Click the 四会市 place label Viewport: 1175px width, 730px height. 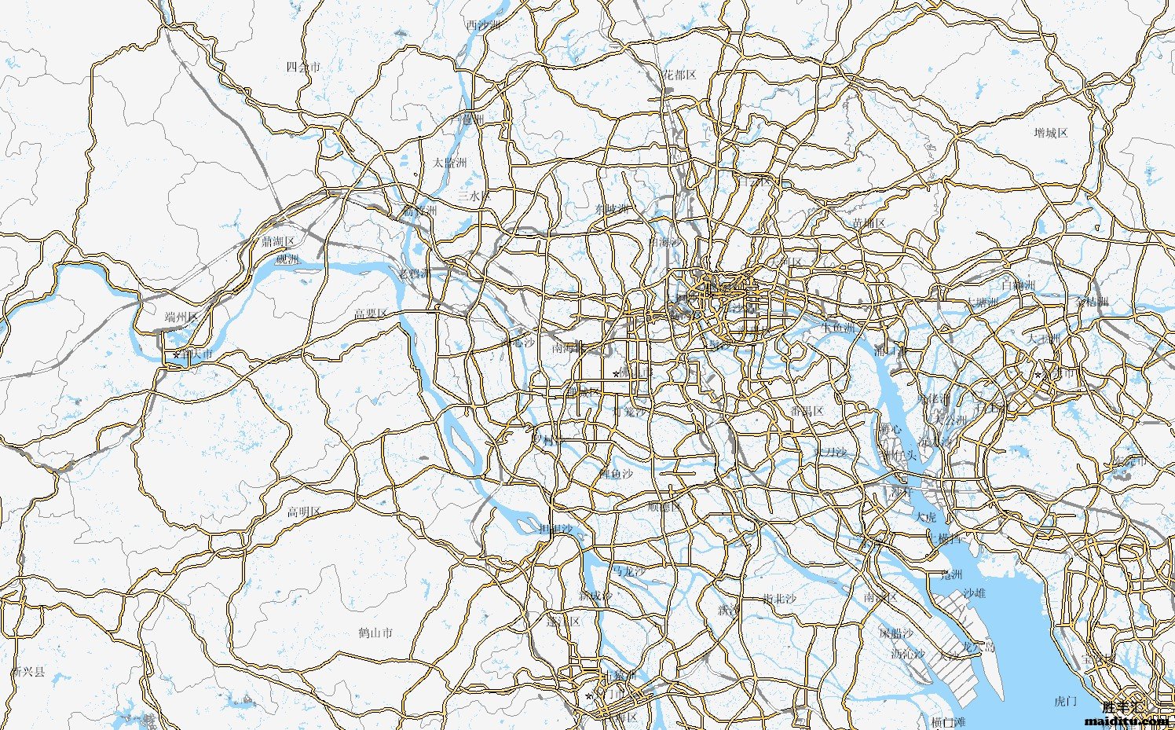[303, 67]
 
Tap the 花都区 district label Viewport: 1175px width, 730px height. [678, 75]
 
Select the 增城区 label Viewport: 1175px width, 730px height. [1051, 133]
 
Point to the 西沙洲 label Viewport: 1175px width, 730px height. [482, 25]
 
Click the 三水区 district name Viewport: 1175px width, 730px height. [474, 195]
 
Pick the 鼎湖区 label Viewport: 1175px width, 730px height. [278, 241]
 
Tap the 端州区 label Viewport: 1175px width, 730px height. [181, 317]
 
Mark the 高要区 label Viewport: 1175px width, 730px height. [371, 314]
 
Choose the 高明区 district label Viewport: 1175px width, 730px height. [303, 512]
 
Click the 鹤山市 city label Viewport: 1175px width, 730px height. [375, 633]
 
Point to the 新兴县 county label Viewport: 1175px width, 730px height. [29, 673]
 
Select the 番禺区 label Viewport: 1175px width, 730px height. [807, 412]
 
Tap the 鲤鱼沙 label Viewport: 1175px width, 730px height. [616, 474]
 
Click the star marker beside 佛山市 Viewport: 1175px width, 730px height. [615, 373]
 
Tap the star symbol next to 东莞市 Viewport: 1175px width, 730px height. [1037, 375]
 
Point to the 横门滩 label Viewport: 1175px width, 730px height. [948, 721]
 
